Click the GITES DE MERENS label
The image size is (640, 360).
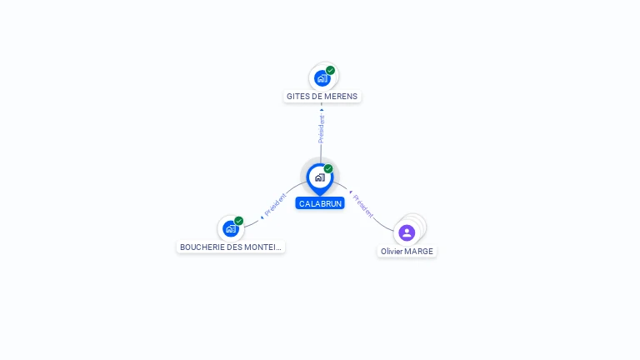tap(322, 97)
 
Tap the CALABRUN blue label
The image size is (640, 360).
tap(320, 203)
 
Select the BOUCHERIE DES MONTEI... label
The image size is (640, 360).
tap(231, 247)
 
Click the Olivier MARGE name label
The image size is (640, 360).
tap(407, 252)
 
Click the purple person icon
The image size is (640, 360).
tap(407, 232)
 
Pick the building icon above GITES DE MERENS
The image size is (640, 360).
tap(322, 78)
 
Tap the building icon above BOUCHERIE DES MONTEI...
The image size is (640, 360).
tap(231, 228)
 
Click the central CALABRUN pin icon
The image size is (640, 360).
tap(320, 178)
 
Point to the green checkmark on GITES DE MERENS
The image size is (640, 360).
tap(330, 70)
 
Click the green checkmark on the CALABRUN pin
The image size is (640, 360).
tap(328, 168)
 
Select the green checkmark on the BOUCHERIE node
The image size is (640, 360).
tap(239, 221)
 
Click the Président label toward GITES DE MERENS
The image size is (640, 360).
tap(321, 129)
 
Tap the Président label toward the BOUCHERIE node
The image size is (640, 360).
tap(276, 204)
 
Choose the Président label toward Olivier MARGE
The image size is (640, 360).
tap(362, 206)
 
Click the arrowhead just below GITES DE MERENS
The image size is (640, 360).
tap(322, 110)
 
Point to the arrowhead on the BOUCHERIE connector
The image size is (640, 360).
tap(262, 217)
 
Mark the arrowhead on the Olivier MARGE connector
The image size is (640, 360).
tap(351, 192)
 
